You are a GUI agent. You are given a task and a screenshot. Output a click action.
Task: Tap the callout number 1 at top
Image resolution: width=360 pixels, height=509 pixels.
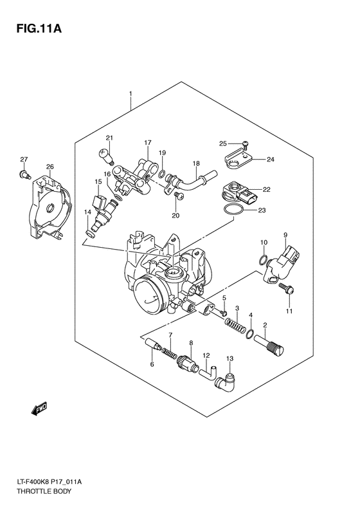click(x=130, y=94)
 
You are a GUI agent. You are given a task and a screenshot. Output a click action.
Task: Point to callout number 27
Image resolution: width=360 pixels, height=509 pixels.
click(x=24, y=160)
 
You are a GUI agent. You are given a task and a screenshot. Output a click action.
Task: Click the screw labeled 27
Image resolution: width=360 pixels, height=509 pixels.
click(x=24, y=173)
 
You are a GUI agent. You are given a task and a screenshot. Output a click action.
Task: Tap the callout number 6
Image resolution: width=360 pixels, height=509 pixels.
click(x=152, y=365)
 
